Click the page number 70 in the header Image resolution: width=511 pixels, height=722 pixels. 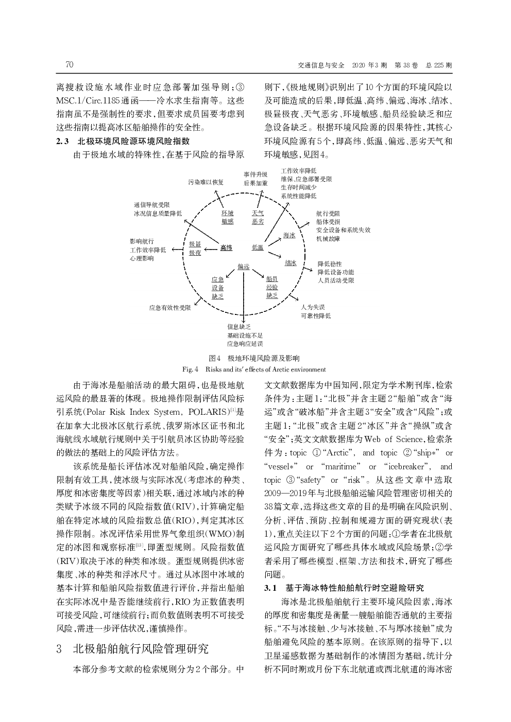pos(70,65)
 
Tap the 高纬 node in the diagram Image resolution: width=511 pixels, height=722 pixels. pos(226,248)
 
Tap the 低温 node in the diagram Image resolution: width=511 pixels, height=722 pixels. pos(258,248)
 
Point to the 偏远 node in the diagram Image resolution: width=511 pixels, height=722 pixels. pos(243,267)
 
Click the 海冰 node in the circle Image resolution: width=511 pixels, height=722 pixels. pos(289,235)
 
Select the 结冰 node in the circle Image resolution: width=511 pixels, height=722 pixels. pos(291,263)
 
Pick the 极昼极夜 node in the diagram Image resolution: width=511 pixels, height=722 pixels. pos(195,248)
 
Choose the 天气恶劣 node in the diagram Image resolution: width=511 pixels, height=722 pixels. pos(258,217)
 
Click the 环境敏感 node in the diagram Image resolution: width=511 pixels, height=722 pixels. pos(227,217)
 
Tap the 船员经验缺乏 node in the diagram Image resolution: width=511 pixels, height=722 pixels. pos(272,287)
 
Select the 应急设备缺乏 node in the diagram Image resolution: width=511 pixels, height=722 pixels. pos(217,288)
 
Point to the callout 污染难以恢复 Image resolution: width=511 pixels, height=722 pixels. pos(206,182)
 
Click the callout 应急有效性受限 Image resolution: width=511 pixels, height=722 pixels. pos(170,308)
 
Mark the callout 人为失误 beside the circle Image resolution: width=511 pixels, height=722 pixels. pos(313,307)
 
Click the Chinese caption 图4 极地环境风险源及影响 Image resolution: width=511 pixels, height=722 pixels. pos(254,358)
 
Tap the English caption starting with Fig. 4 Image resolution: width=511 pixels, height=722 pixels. pos(254,369)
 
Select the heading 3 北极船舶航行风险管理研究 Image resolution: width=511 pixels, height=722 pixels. pos(133,648)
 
